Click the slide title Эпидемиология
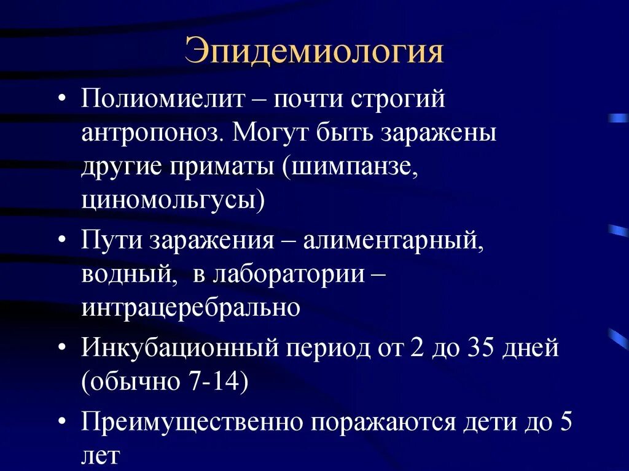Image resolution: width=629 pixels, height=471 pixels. click(314, 53)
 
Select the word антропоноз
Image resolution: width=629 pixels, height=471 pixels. click(150, 133)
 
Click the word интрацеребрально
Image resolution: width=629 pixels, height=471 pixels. click(190, 307)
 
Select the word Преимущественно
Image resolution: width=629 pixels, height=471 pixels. click(193, 423)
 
